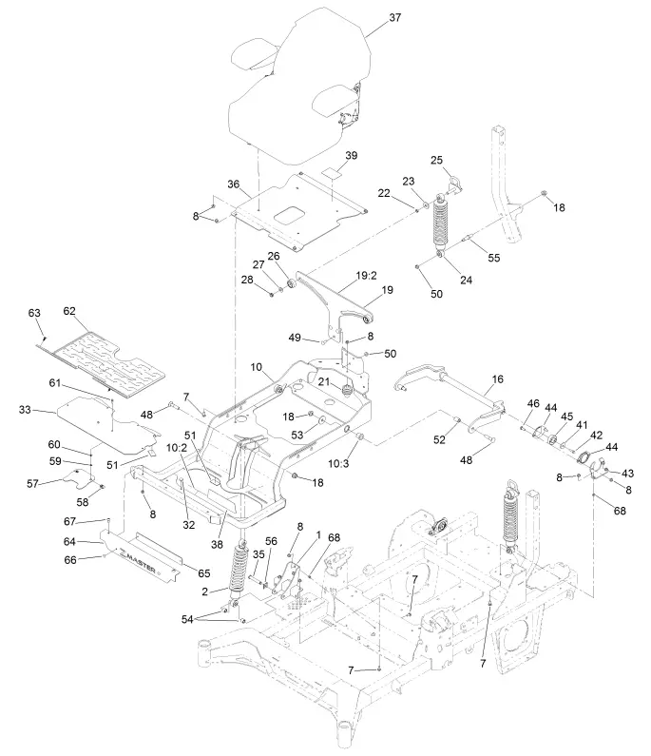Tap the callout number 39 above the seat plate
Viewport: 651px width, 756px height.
[352, 155]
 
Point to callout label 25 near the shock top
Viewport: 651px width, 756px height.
[438, 160]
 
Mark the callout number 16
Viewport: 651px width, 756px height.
[496, 378]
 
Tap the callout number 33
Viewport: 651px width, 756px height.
[26, 409]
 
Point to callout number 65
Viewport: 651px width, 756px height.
[202, 573]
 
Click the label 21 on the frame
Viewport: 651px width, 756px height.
[324, 382]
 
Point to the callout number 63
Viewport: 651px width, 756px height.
[35, 312]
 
